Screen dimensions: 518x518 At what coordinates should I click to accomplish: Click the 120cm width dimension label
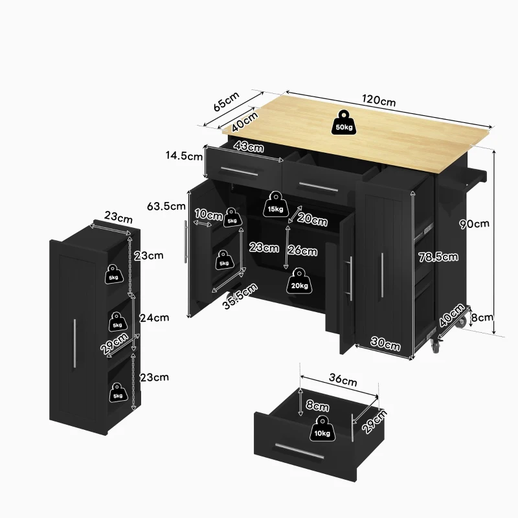[379, 101]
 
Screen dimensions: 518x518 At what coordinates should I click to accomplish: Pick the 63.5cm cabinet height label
[167, 207]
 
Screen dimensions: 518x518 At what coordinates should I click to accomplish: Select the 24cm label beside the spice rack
[154, 317]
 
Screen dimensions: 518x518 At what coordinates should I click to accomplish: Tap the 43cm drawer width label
[249, 147]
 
